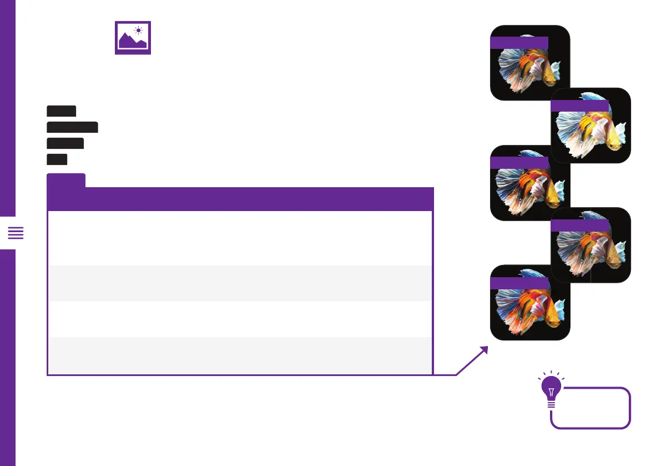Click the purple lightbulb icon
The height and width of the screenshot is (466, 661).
click(551, 392)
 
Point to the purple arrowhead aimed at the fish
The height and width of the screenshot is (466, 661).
click(483, 350)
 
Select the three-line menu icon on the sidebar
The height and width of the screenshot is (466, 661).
click(16, 233)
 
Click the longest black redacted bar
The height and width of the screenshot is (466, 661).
click(72, 127)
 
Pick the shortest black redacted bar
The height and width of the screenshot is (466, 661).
click(57, 159)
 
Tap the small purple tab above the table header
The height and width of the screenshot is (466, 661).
click(66, 180)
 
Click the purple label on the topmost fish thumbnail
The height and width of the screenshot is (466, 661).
click(519, 43)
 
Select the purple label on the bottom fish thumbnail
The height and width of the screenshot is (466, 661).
click(519, 283)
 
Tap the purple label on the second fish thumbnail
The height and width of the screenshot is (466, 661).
click(580, 106)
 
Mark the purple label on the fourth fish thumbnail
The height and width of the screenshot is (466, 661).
click(580, 225)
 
